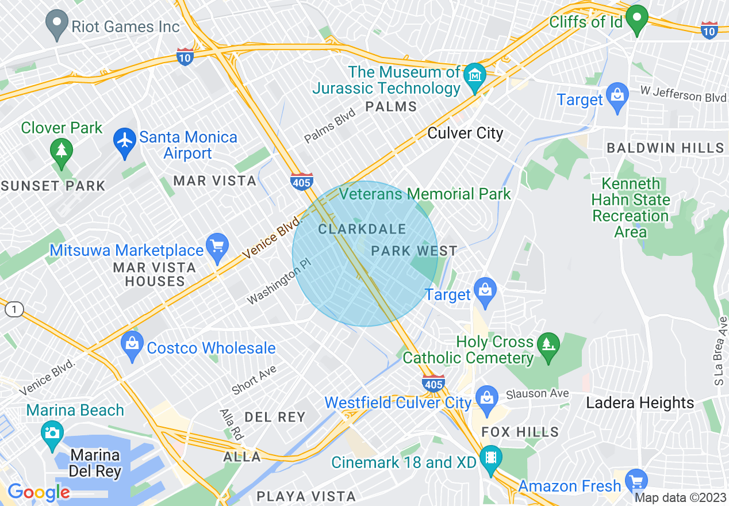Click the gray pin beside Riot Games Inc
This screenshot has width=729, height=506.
[56, 25]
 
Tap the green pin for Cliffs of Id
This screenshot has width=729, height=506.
[636, 19]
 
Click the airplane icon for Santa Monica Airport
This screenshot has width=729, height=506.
[124, 140]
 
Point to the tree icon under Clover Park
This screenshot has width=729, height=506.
[61, 152]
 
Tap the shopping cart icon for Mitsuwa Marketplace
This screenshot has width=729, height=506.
[217, 248]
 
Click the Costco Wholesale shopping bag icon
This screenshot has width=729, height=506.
[132, 346]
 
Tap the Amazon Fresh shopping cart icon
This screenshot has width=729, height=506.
[636, 482]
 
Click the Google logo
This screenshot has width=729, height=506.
[39, 492]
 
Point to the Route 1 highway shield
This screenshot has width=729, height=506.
[14, 310]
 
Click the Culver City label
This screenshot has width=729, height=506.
[465, 133]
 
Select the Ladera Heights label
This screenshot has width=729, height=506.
[640, 402]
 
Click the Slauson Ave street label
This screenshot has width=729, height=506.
[538, 394]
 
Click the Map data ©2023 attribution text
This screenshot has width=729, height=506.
[680, 497]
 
